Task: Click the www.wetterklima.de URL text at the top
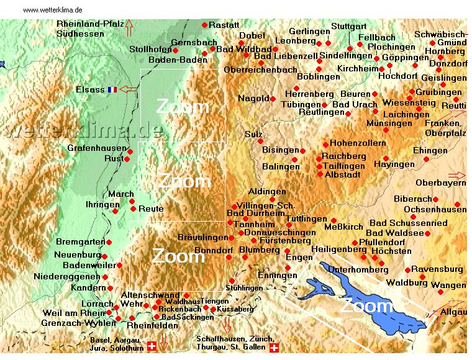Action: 52,11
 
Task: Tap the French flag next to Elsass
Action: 112,89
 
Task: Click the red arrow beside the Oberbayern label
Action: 456,176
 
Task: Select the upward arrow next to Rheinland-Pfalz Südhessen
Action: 129,28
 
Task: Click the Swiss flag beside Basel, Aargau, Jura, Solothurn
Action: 152,346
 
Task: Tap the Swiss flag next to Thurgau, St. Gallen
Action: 274,348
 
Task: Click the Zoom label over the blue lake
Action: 366,305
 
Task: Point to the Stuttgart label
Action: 349,27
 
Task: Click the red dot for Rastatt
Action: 205,25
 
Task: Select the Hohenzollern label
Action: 358,143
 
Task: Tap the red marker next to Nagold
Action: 273,99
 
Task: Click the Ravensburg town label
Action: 437,269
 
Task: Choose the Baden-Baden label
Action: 171,60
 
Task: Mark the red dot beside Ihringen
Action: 115,211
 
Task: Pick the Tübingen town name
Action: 299,105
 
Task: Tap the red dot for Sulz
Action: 261,142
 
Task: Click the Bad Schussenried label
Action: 408,223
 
